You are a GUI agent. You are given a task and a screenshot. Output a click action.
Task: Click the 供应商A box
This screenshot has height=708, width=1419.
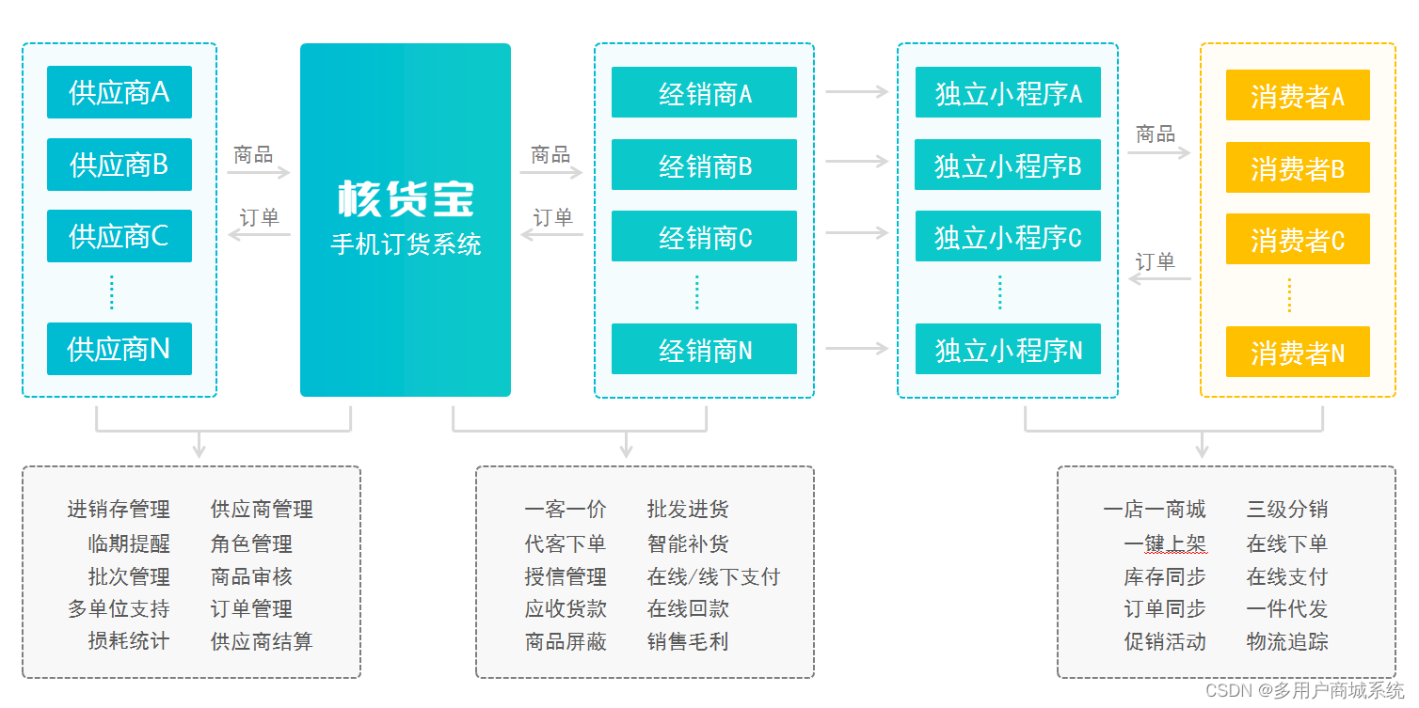pos(120,92)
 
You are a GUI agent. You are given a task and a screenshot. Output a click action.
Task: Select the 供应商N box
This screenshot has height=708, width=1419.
pos(120,349)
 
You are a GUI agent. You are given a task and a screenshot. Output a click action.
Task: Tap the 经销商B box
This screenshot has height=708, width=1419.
pos(704,165)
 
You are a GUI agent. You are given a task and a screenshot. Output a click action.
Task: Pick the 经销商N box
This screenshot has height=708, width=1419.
pos(704,350)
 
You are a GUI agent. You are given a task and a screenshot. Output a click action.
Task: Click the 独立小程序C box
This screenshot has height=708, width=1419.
pos(1008,237)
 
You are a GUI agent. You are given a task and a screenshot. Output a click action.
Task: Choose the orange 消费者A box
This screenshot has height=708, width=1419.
pos(1298,96)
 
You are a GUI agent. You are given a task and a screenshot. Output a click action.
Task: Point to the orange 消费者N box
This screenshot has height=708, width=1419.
pos(1298,353)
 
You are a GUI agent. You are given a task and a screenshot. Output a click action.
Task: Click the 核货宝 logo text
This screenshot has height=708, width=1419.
pos(406,198)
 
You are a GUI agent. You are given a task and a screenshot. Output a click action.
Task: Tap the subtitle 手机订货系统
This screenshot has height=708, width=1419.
pos(406,244)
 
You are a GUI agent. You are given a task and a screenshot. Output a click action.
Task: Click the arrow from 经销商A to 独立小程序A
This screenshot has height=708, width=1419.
pos(856,91)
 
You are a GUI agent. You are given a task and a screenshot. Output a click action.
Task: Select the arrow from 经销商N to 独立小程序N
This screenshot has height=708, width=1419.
pos(856,349)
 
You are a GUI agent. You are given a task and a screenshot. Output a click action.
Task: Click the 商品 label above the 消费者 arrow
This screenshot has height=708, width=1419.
pos(1156,134)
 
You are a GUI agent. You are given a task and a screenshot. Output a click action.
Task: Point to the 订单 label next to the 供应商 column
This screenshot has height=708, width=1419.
pos(259,217)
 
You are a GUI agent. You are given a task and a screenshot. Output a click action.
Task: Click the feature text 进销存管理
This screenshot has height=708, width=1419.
pos(119,510)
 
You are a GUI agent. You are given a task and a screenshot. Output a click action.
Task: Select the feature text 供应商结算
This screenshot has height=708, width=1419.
pos(262,641)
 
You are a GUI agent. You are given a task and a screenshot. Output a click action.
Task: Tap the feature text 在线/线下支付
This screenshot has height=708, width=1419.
pos(713,576)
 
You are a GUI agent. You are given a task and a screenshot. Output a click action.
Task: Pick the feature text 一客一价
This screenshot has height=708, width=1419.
pos(566,510)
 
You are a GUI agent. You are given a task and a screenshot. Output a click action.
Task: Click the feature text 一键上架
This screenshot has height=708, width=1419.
pos(1165,543)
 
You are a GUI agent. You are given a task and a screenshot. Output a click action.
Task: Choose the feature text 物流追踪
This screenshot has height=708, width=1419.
pos(1286,641)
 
